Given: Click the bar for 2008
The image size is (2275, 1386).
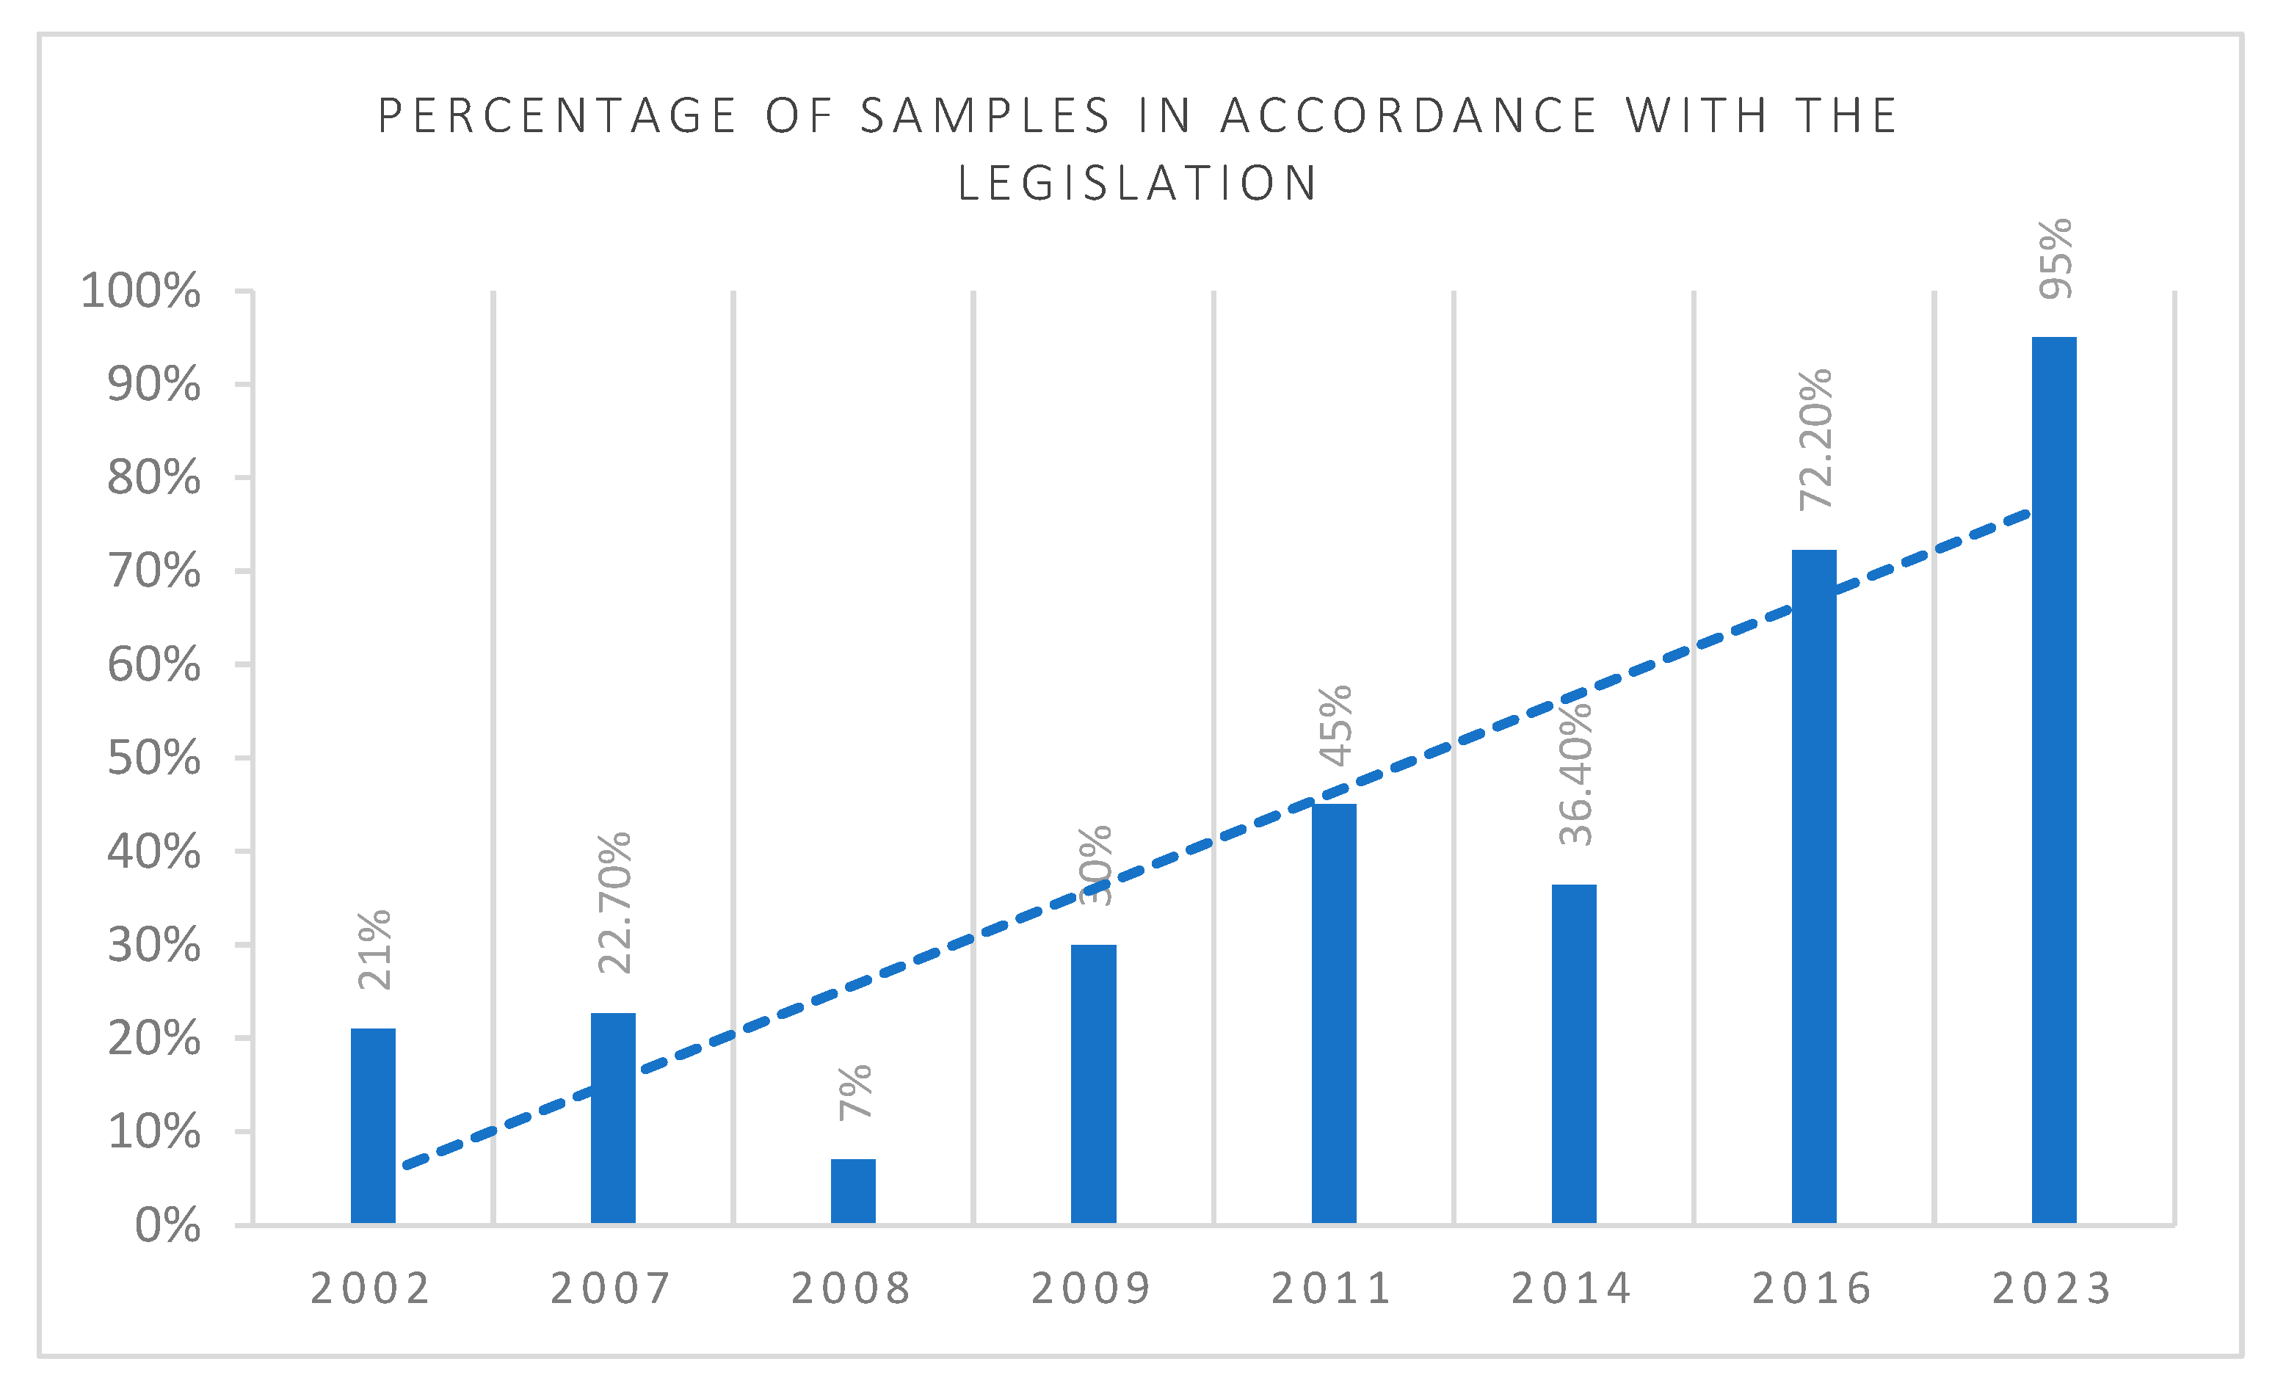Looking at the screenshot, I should click(x=853, y=1191).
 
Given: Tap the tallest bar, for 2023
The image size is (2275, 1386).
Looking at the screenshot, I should click(x=2054, y=780).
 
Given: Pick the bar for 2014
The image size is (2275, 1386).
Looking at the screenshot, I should click(x=1574, y=1053).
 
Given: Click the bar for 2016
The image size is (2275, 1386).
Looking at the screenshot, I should click(x=1814, y=887).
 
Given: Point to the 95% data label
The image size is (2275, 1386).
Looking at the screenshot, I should click(x=2056, y=258).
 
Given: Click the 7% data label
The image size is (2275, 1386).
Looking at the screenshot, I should click(x=854, y=1092).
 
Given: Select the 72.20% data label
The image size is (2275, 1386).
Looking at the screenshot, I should click(x=1815, y=440).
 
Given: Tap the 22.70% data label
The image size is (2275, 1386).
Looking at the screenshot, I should click(x=614, y=903).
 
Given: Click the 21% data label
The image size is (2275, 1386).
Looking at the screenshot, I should click(x=374, y=950).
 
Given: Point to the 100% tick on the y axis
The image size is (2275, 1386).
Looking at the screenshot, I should click(x=140, y=291).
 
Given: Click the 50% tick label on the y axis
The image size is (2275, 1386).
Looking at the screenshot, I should click(x=153, y=759).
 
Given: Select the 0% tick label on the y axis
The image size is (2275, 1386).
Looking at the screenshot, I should click(x=167, y=1226).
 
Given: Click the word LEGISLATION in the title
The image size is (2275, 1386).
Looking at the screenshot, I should click(x=1138, y=183).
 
